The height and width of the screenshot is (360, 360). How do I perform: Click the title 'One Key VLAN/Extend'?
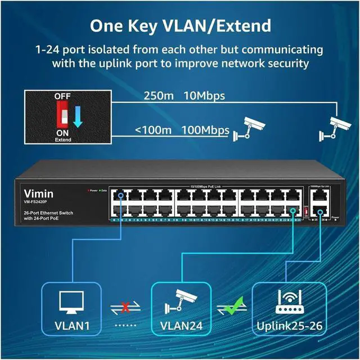click(180, 25)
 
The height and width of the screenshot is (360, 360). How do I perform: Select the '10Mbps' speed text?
click(204, 96)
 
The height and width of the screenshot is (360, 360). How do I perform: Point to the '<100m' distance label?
click(152, 130)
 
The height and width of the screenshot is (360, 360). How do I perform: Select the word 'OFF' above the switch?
click(62, 96)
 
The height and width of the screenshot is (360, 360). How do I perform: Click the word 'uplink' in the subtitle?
click(112, 64)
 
